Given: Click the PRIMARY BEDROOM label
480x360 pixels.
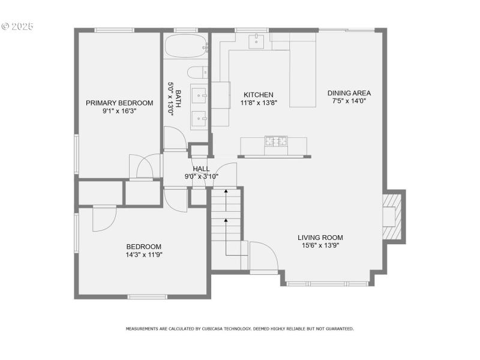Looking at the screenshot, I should tap(119, 103).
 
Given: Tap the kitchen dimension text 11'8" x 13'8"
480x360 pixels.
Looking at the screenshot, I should tap(259, 103).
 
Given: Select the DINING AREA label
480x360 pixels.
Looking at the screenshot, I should tap(349, 93).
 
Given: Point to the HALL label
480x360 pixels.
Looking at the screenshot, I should tap(201, 169).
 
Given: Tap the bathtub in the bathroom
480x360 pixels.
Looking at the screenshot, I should tap(185, 46).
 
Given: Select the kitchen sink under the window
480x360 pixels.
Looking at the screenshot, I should tap(257, 40).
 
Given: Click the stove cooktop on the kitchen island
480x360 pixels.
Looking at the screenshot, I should tap(276, 142).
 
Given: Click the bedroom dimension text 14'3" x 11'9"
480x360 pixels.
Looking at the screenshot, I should tap(144, 254).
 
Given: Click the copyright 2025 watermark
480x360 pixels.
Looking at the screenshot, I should tap(18, 27).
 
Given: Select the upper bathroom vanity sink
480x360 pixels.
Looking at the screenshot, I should tap(199, 95).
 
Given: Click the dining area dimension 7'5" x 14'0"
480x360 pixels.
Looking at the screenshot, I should tap(349, 101).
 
